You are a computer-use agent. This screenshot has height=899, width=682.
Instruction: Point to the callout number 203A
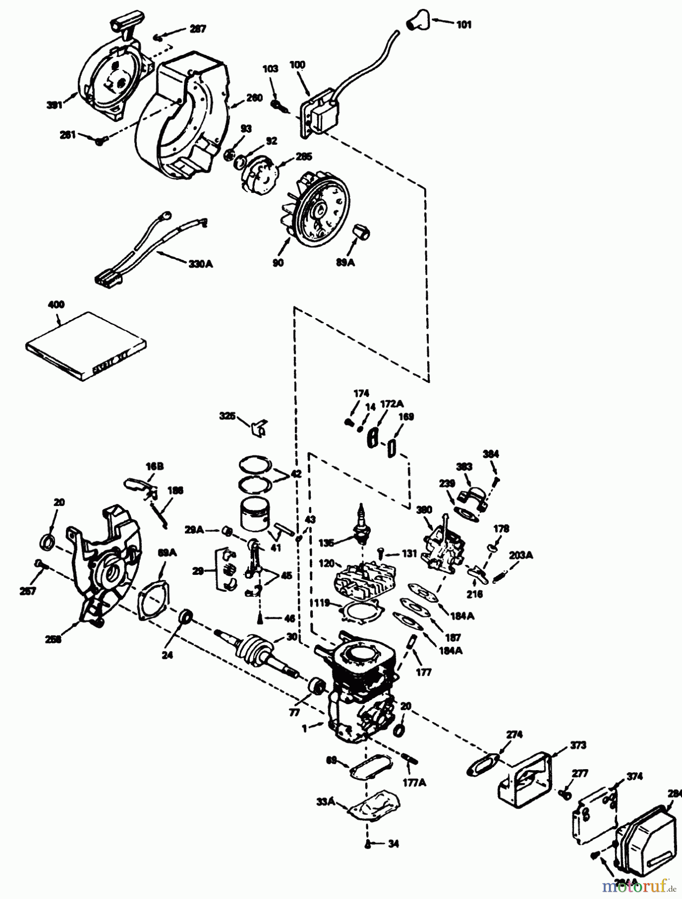coord(521,555)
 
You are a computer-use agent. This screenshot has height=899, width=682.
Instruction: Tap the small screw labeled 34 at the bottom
coord(368,844)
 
